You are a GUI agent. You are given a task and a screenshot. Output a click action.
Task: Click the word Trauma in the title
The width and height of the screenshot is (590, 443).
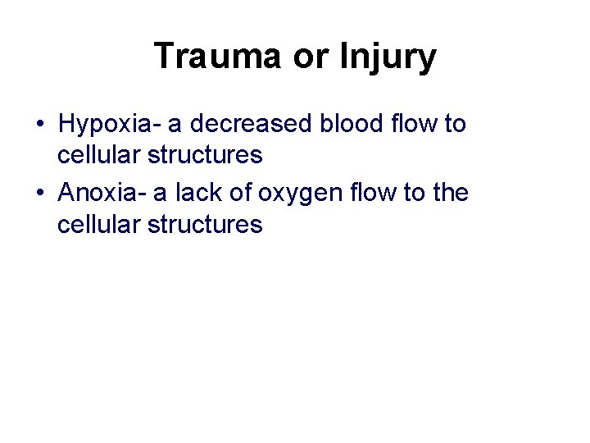coord(218,57)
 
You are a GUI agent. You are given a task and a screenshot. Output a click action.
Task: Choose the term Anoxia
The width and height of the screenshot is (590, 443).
coord(102,194)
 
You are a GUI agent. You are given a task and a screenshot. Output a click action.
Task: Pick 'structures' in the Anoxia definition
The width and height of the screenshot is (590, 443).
coord(207,224)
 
